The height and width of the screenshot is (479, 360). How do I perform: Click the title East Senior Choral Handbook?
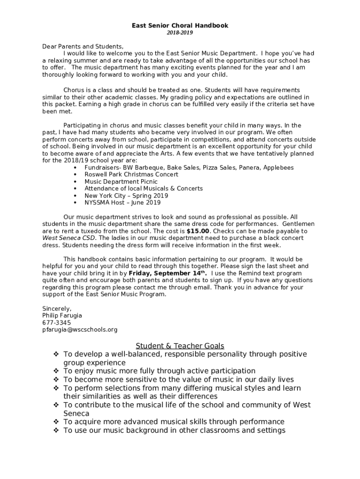[x=180, y=26]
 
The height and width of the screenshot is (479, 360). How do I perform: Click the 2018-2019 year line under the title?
[x=180, y=33]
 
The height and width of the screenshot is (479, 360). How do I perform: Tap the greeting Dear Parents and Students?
[x=83, y=46]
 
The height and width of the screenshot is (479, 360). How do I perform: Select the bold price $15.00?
[x=198, y=231]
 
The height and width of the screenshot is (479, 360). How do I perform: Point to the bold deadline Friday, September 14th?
[x=167, y=273]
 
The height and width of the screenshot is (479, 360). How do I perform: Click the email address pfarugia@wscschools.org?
[x=80, y=329]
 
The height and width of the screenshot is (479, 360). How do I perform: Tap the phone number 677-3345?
[x=57, y=323]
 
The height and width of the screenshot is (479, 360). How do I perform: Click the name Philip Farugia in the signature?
[x=62, y=316]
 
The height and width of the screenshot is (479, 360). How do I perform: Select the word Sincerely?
[x=57, y=309]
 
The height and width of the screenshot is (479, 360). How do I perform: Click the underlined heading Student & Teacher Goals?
[x=180, y=346]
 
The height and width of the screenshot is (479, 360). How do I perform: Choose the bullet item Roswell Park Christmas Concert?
[x=131, y=174]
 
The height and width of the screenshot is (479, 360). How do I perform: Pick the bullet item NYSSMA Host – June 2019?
[x=122, y=203]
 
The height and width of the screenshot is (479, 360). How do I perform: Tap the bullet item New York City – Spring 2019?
[x=126, y=196]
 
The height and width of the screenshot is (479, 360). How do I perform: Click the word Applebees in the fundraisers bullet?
[x=278, y=167]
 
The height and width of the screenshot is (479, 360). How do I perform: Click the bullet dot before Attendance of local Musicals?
[x=75, y=189]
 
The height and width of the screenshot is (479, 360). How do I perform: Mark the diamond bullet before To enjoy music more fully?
[x=56, y=371]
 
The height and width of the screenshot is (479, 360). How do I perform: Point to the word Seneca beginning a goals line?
[x=76, y=414]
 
